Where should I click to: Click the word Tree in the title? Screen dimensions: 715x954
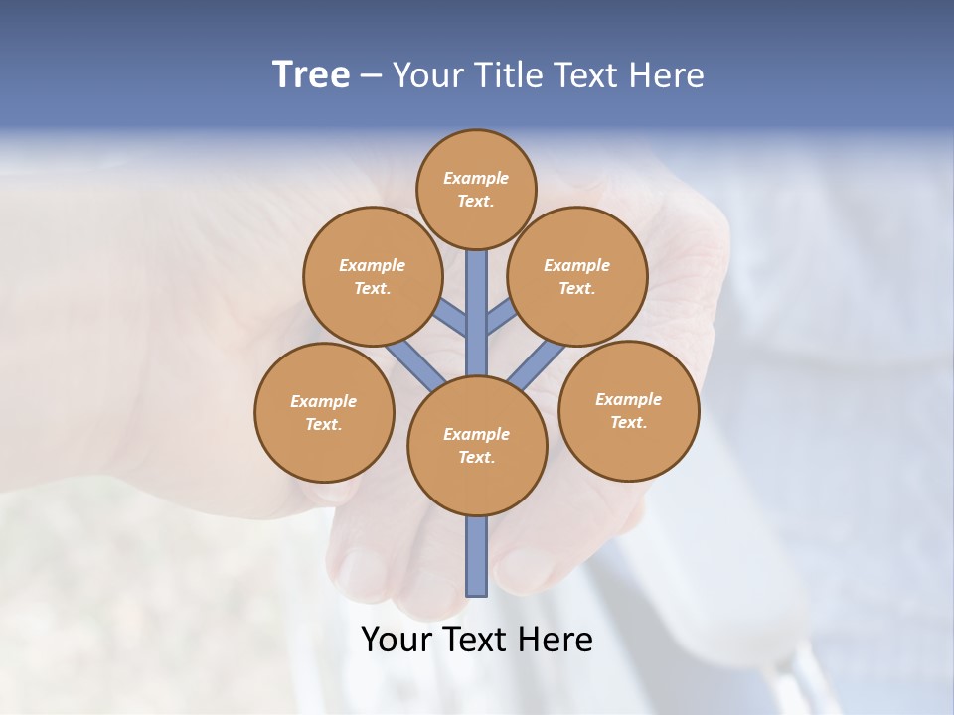[311, 74]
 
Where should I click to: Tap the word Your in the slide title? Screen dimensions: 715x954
[425, 75]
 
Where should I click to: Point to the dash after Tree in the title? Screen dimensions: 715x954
[371, 75]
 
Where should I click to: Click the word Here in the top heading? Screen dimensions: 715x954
[669, 75]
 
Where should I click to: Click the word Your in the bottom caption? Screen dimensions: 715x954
[397, 640]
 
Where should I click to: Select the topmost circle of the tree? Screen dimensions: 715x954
[476, 189]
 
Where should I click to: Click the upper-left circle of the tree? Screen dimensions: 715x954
[373, 276]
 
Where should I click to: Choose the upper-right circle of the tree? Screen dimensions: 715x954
[577, 276]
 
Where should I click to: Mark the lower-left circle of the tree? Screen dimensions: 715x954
[324, 412]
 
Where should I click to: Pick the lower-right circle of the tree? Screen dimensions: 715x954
[628, 410]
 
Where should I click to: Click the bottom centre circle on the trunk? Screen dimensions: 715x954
[477, 446]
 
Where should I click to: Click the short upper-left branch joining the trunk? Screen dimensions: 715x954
[452, 317]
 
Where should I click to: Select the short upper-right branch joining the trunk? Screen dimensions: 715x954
[501, 317]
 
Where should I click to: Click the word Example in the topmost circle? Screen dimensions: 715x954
[476, 178]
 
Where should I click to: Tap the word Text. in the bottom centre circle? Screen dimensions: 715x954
[476, 458]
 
